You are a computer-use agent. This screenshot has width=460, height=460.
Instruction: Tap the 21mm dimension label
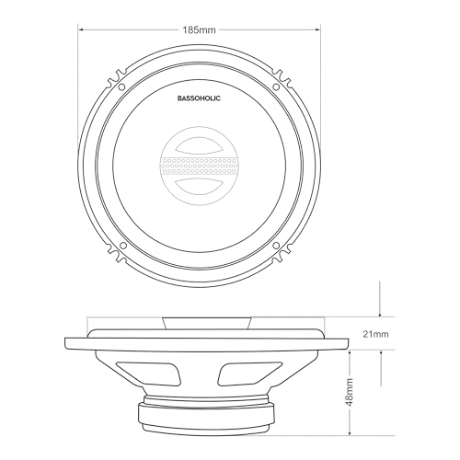click(375, 334)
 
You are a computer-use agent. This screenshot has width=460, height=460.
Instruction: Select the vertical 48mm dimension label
click(350, 392)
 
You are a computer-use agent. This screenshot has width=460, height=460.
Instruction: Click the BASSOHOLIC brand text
click(199, 98)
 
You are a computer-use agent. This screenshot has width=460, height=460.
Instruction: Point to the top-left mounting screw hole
click(121, 87)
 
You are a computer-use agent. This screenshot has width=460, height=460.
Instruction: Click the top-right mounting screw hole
click(276, 87)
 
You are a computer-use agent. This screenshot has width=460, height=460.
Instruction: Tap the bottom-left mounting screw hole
click(123, 246)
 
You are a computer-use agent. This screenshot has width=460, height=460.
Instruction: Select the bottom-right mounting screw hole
click(276, 246)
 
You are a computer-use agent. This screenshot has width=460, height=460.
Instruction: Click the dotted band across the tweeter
click(200, 166)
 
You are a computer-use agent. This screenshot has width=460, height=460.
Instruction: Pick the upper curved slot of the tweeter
click(200, 145)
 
